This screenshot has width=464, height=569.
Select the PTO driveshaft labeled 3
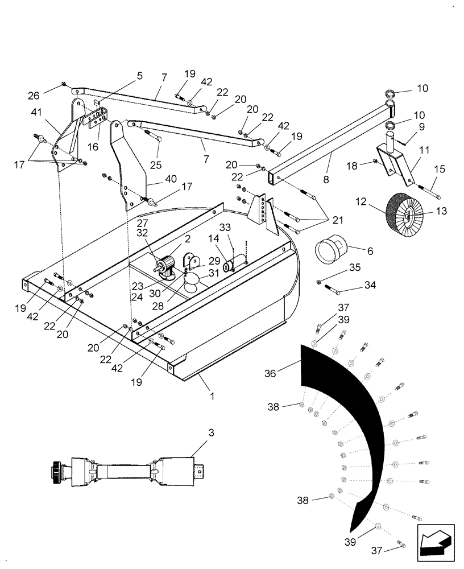127,472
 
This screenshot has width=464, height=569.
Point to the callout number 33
226,228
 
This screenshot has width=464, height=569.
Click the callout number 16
93,147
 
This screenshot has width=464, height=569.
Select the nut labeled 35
321,281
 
